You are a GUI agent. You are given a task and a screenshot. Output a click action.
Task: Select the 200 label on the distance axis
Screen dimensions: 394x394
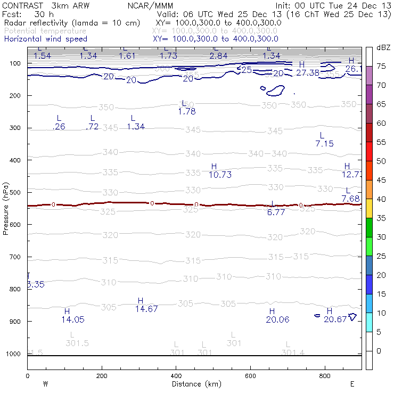(102, 376)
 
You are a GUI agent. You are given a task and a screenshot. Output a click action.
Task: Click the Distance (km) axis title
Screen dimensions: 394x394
(194, 384)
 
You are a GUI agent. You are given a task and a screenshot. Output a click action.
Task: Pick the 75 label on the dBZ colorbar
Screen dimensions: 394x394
(382, 66)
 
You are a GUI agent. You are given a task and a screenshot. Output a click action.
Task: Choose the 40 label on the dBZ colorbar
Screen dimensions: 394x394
(382, 199)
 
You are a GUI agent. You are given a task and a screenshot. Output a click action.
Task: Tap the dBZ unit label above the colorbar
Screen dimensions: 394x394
(383, 47)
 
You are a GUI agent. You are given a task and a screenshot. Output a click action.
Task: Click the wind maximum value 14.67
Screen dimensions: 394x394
(146, 309)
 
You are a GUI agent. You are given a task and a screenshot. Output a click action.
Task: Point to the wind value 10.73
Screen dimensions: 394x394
(220, 175)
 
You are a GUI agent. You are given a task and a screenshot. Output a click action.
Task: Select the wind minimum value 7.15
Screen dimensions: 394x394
(324, 144)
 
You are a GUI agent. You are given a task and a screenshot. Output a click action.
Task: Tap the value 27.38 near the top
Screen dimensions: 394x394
(308, 72)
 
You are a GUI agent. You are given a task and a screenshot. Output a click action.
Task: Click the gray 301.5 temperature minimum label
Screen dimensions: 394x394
(77, 343)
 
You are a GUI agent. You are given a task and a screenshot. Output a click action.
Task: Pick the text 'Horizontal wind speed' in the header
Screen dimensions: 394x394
(45, 39)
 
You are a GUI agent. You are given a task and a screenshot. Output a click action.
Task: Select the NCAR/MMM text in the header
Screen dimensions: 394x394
(158, 5)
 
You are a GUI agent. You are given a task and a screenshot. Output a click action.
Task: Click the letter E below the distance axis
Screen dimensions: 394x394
(352, 383)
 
